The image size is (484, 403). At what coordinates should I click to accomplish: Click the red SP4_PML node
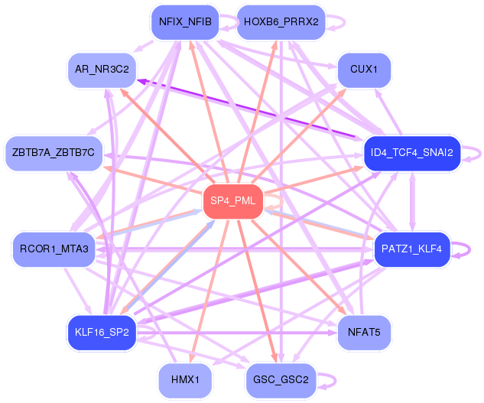point(233,201)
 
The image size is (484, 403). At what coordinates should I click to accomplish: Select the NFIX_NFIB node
point(185,22)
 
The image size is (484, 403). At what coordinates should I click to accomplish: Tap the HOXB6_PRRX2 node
point(281,22)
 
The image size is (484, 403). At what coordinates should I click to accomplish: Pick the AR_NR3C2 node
point(102,70)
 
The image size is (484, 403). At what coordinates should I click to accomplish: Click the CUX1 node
point(364,70)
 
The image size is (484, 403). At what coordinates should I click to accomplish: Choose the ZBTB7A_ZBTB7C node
point(54,153)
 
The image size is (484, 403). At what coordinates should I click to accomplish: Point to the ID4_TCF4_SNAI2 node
point(412,153)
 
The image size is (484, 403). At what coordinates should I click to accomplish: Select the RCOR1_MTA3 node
point(54,249)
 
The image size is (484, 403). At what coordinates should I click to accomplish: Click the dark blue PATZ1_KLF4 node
point(412,249)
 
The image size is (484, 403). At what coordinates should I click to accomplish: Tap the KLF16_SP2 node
point(102,333)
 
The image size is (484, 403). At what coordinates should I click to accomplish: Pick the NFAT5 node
point(364,333)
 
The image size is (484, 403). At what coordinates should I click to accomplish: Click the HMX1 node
point(185,380)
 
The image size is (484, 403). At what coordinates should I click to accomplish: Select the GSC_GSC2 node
point(281,380)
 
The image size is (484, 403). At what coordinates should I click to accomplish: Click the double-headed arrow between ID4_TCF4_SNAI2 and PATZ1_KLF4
point(412,201)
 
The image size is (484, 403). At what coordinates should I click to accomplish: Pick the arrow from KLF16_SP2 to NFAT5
point(237,333)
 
